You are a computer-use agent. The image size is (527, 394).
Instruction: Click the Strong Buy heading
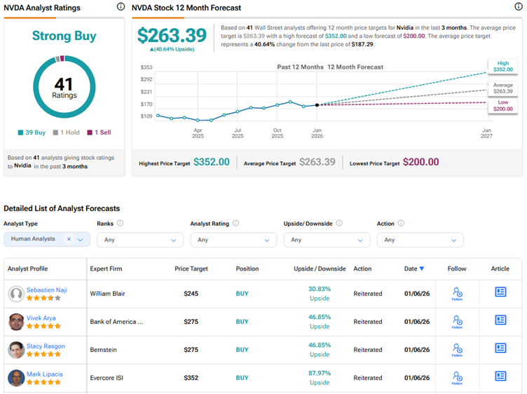(x=64, y=36)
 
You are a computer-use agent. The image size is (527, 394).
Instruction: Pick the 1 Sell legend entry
(x=99, y=133)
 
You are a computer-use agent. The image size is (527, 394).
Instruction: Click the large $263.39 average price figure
(x=172, y=36)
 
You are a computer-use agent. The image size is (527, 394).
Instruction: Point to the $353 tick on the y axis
(x=146, y=67)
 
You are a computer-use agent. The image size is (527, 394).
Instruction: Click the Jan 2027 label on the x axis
(x=487, y=134)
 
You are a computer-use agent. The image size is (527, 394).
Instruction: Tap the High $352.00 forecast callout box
(x=503, y=67)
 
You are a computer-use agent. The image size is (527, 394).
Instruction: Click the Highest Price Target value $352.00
(x=211, y=162)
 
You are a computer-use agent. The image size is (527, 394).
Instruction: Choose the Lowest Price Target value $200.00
(x=421, y=162)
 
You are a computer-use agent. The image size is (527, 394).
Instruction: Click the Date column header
(x=413, y=269)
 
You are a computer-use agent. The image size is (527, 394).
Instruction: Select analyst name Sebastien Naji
(x=46, y=290)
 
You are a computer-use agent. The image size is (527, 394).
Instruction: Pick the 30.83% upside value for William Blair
(x=320, y=289)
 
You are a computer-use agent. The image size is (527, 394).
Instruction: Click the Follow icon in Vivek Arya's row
(x=457, y=321)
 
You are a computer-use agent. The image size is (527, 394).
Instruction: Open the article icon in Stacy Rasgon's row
(x=500, y=348)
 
